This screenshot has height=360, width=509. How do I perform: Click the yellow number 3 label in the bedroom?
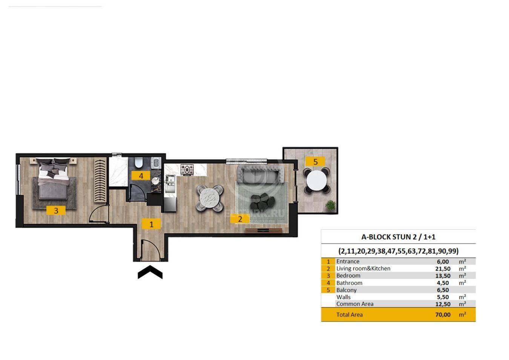coord(56,210)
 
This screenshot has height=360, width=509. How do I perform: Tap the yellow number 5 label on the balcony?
coord(316,162)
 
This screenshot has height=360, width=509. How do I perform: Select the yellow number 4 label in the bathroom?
coord(141,175)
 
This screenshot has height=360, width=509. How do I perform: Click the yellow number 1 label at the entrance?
coord(151,224)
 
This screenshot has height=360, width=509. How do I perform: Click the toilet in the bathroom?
coord(138,163)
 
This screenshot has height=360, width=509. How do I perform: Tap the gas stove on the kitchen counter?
coord(187,170)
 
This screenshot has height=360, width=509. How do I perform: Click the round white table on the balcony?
coord(317,181)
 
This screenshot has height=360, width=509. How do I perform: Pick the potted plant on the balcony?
coord(330,205)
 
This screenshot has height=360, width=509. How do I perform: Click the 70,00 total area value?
coord(443,315)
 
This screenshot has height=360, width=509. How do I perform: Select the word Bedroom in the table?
coord(348,275)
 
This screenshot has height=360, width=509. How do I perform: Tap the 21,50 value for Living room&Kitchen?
coord(443,269)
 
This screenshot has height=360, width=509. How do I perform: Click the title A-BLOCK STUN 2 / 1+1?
coord(398,237)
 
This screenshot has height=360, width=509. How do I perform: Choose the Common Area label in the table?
coord(355,304)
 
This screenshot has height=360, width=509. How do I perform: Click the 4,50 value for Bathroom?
coord(443,283)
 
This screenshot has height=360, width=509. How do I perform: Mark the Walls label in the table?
coord(343,297)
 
